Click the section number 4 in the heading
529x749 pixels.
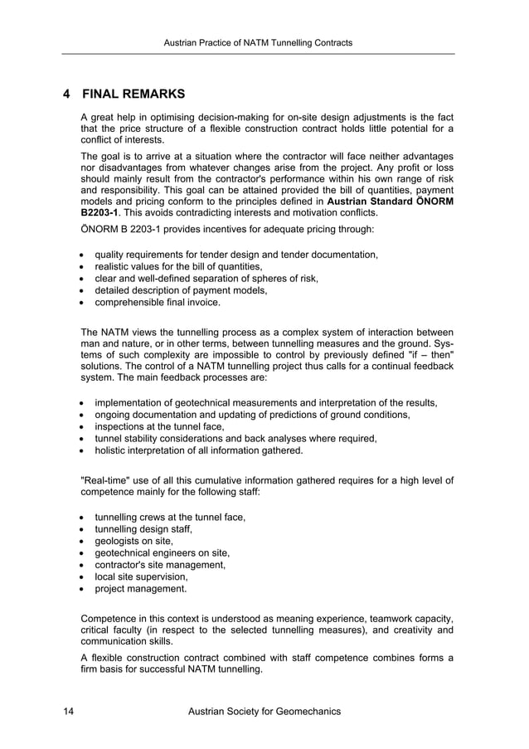tap(67, 94)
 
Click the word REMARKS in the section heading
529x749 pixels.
tap(153, 94)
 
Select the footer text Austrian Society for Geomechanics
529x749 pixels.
tap(264, 712)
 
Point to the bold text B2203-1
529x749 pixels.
tap(99, 212)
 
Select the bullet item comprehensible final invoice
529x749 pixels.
tap(158, 303)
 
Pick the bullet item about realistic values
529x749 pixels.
tap(178, 266)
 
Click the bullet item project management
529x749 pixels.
tap(140, 589)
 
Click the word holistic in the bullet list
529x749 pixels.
tap(112, 451)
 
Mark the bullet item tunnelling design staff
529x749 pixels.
tap(143, 529)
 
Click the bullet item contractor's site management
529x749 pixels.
tap(160, 565)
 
